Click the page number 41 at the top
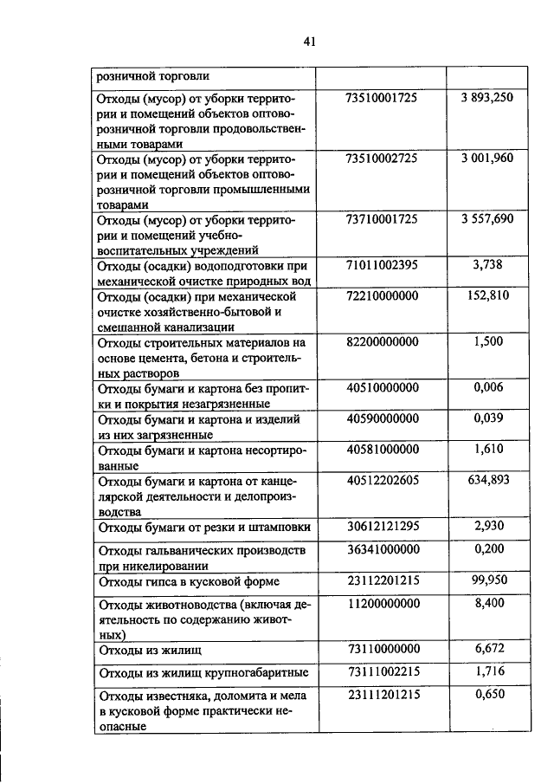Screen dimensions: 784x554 (312, 40)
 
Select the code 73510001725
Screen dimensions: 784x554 (382, 99)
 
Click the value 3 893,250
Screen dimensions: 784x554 (487, 99)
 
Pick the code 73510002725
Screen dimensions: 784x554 (382, 159)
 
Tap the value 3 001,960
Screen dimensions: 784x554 (487, 159)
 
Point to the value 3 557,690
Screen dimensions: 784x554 (487, 219)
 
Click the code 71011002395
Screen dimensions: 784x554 (382, 265)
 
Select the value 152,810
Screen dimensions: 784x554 (489, 296)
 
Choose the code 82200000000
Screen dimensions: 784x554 (382, 342)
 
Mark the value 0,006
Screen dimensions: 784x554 (489, 387)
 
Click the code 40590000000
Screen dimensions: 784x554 (382, 418)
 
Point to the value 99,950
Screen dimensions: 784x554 (489, 580)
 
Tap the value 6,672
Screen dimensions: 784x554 (489, 648)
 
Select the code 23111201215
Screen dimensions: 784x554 (382, 695)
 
